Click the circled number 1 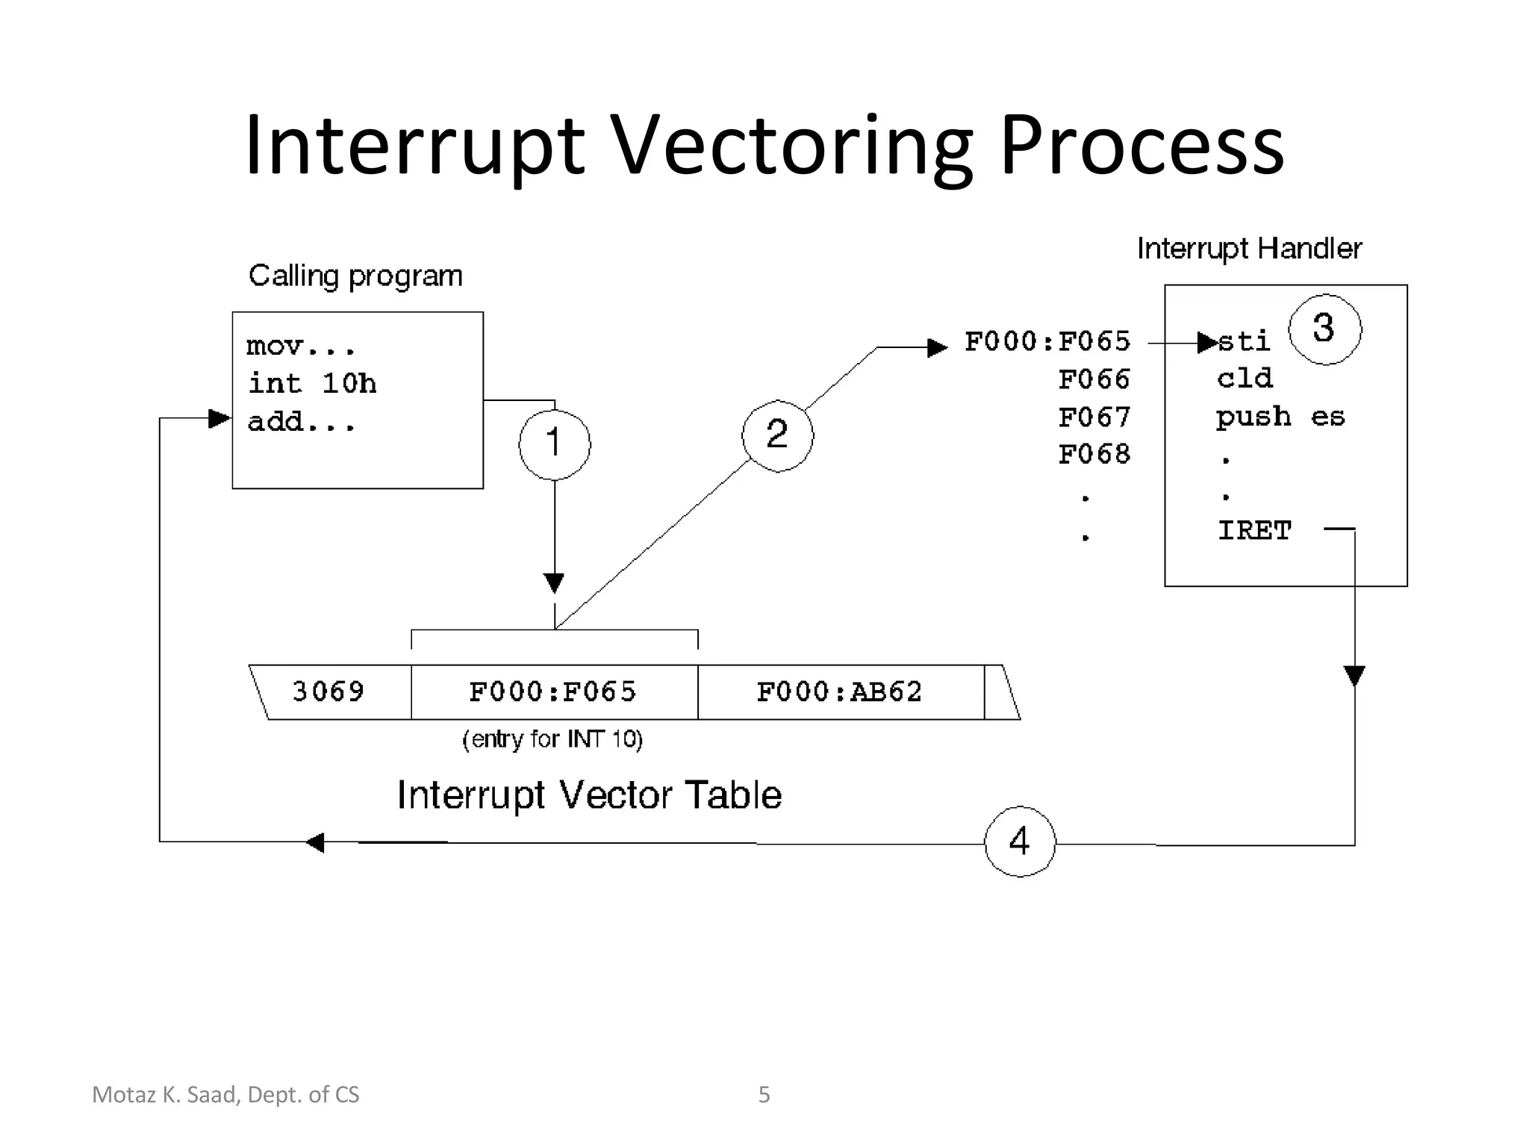click(x=554, y=444)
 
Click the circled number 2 click(x=777, y=435)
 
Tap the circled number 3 click(x=1324, y=329)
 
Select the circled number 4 click(x=1020, y=842)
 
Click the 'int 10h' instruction click(x=312, y=384)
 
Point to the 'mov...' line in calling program click(x=300, y=346)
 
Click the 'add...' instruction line click(x=301, y=423)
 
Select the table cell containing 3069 click(x=328, y=691)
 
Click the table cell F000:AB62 click(x=840, y=691)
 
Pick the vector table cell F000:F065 click(x=553, y=691)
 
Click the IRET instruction click(x=1254, y=530)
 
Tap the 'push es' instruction click(x=1280, y=417)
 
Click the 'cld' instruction click(x=1245, y=379)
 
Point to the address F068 click(x=1094, y=454)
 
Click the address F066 click(x=1094, y=379)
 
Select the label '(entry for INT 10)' click(x=552, y=739)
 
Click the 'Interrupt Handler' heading click(x=1249, y=249)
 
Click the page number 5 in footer click(x=764, y=1095)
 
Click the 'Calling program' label click(x=355, y=276)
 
